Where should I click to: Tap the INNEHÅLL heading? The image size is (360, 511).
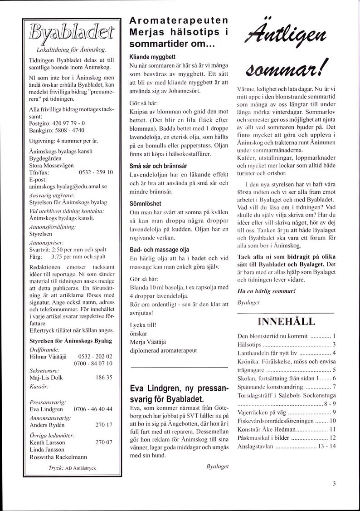point(286,322)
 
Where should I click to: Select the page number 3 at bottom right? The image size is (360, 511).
point(334,483)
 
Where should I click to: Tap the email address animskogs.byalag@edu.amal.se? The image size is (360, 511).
point(68,186)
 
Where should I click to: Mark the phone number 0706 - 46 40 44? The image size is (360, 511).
point(92,408)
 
